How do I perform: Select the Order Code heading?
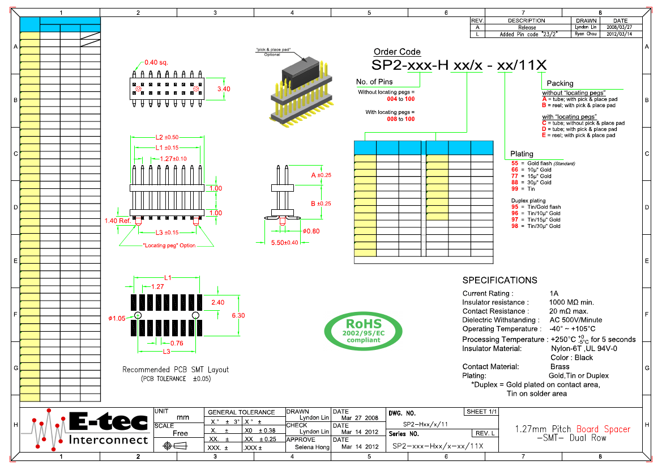pyautogui.click(x=397, y=52)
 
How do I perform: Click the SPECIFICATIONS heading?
pyautogui.click(x=499, y=280)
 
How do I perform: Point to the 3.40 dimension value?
pyautogui.click(x=224, y=89)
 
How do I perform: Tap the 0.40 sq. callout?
pyautogui.click(x=156, y=62)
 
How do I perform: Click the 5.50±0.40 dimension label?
pyautogui.click(x=284, y=242)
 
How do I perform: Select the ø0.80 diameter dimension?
pyautogui.click(x=311, y=231)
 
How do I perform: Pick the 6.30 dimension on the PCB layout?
pyautogui.click(x=238, y=315)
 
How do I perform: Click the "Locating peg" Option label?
pyautogui.click(x=169, y=246)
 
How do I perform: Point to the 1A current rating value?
pyautogui.click(x=554, y=293)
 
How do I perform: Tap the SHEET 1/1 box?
pyautogui.click(x=481, y=411)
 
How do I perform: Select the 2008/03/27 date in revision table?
pyautogui.click(x=619, y=27)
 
